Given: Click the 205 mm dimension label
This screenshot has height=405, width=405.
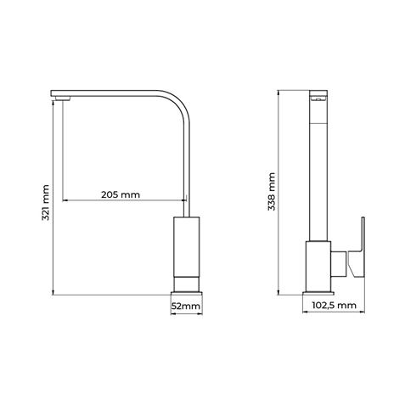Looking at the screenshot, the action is [x=121, y=194].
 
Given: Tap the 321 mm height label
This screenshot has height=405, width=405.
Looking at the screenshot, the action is [x=46, y=203].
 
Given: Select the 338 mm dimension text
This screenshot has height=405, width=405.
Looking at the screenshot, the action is [x=272, y=192].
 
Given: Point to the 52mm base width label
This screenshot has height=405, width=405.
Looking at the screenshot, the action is [x=186, y=306].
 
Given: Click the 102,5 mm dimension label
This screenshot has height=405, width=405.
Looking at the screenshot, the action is [x=334, y=306].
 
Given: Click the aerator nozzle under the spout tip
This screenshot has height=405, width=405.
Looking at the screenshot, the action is [x=63, y=98].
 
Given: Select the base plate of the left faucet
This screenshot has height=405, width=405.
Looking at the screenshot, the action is [x=187, y=294].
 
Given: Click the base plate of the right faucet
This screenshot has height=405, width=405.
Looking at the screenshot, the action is [x=318, y=294].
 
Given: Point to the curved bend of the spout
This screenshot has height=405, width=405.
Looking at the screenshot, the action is [x=179, y=102].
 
